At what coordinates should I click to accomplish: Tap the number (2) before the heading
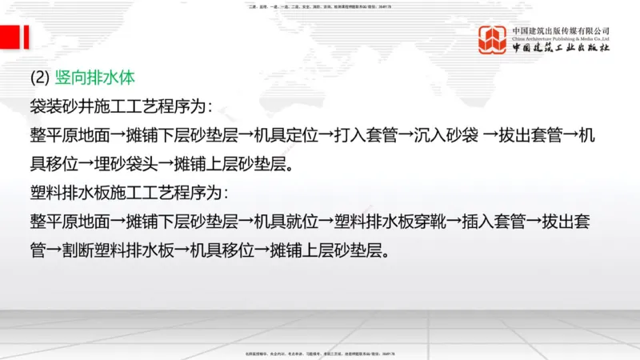(x=40, y=78)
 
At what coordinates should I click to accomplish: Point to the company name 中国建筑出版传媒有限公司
(x=561, y=30)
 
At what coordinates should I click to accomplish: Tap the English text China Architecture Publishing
(x=561, y=38)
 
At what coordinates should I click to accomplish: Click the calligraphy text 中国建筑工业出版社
(x=561, y=48)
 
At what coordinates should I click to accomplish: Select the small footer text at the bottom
(x=320, y=352)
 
